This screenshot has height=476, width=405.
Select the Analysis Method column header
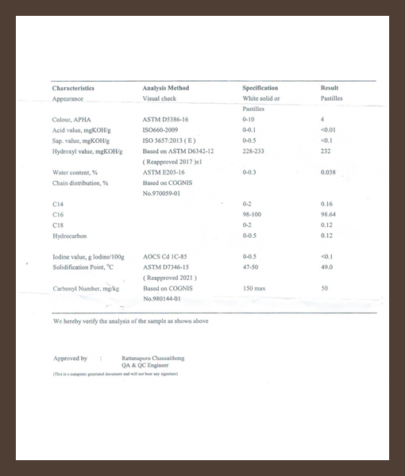tap(165, 88)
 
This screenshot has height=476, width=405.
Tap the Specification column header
tap(260, 88)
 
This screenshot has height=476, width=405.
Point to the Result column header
tap(330, 88)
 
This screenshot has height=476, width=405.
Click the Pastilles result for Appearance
tap(332, 98)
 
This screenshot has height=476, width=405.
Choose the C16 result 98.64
tap(329, 214)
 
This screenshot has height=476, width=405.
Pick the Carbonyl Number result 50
tap(324, 289)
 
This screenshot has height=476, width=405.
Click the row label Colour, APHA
tap(71, 118)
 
